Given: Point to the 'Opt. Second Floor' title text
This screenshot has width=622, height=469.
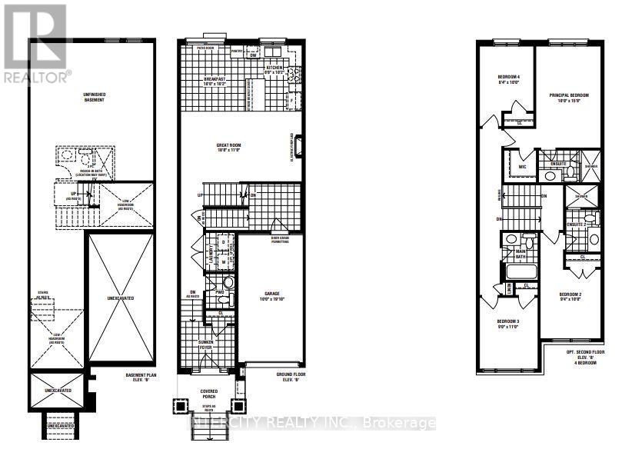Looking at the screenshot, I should tap(579, 353).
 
